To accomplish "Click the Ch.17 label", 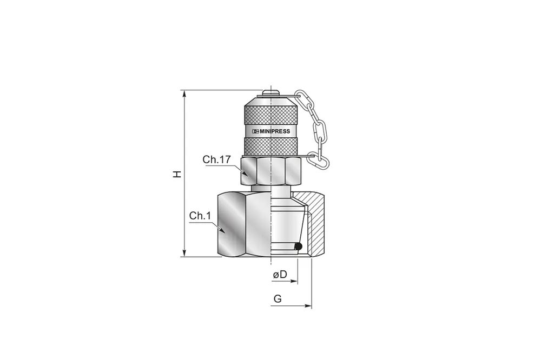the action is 216,159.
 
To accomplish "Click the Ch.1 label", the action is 200,216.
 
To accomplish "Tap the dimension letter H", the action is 177,174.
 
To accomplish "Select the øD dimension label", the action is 280,275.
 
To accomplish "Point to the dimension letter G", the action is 278,298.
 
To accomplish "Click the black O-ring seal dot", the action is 298,246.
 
